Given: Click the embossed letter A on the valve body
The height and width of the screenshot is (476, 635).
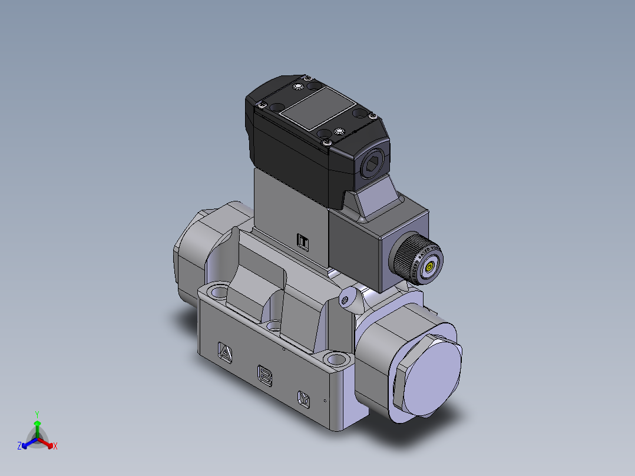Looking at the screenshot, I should pyautogui.click(x=225, y=352).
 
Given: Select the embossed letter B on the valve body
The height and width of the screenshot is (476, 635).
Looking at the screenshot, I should pyautogui.click(x=265, y=375).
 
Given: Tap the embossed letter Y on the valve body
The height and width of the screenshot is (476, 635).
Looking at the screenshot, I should pyautogui.click(x=304, y=398).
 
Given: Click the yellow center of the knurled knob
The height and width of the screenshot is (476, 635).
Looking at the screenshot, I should pyautogui.click(x=429, y=267).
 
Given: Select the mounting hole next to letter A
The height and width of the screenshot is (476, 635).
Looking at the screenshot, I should pyautogui.click(x=219, y=290).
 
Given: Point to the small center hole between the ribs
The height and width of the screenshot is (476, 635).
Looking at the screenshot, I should pyautogui.click(x=274, y=325).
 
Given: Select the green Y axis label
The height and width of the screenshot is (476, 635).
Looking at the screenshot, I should pyautogui.click(x=37, y=414).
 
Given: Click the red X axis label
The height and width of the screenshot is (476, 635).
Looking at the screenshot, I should pyautogui.click(x=55, y=447).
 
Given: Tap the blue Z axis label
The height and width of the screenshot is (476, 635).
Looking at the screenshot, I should pyautogui.click(x=19, y=447).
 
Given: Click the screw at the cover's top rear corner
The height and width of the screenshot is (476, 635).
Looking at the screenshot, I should pyautogui.click(x=306, y=77).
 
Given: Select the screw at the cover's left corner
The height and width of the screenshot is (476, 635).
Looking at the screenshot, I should pyautogui.click(x=259, y=105).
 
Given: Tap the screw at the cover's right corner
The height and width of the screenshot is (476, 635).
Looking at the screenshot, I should pyautogui.click(x=372, y=116).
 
